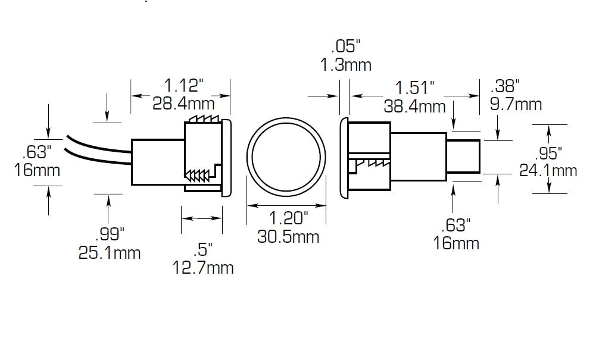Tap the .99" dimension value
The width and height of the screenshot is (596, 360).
(109, 233)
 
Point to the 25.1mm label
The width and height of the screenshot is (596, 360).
(110, 252)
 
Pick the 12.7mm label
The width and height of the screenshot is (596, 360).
(202, 267)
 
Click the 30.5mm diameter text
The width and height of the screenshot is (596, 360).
(288, 236)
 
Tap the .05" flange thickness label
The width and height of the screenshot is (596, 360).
(346, 46)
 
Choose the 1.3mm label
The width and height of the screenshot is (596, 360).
(346, 65)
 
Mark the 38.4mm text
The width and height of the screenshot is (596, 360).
(416, 107)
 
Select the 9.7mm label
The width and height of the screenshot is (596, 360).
(516, 104)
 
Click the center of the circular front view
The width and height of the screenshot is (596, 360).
(287, 160)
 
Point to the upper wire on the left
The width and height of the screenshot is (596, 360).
(98, 143)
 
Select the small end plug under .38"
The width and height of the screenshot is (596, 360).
(464, 156)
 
